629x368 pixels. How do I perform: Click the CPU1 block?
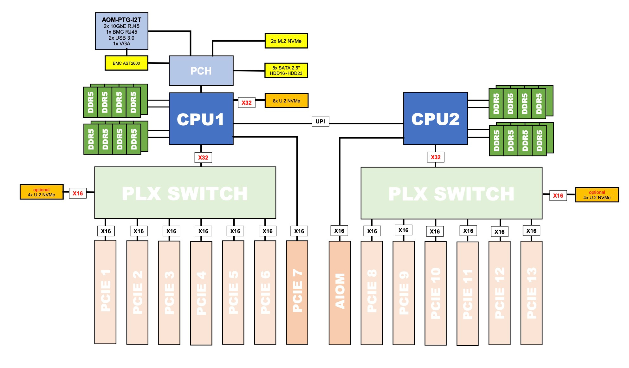point(201,119)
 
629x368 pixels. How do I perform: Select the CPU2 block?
point(435,119)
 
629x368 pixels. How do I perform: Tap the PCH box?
point(201,71)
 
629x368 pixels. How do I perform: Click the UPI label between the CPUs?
point(320,121)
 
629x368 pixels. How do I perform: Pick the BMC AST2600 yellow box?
point(126,63)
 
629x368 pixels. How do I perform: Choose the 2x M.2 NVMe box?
point(286,41)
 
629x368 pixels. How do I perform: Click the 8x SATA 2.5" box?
point(286,70)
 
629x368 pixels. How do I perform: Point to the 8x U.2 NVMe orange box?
point(286,101)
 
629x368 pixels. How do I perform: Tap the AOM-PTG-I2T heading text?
point(121,20)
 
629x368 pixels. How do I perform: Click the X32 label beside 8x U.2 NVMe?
point(246,102)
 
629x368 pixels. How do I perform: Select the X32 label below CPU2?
point(435,157)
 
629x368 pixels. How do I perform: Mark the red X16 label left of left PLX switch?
point(78,193)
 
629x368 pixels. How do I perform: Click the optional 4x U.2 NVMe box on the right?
point(597,195)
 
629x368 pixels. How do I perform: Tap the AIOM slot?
point(340,292)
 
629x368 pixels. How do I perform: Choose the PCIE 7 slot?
point(297,292)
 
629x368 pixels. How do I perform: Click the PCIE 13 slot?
point(531,292)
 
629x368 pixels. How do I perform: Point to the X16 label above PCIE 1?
point(106,231)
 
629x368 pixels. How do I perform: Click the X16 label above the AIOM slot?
point(339,231)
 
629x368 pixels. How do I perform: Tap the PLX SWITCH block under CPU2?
point(451,193)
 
